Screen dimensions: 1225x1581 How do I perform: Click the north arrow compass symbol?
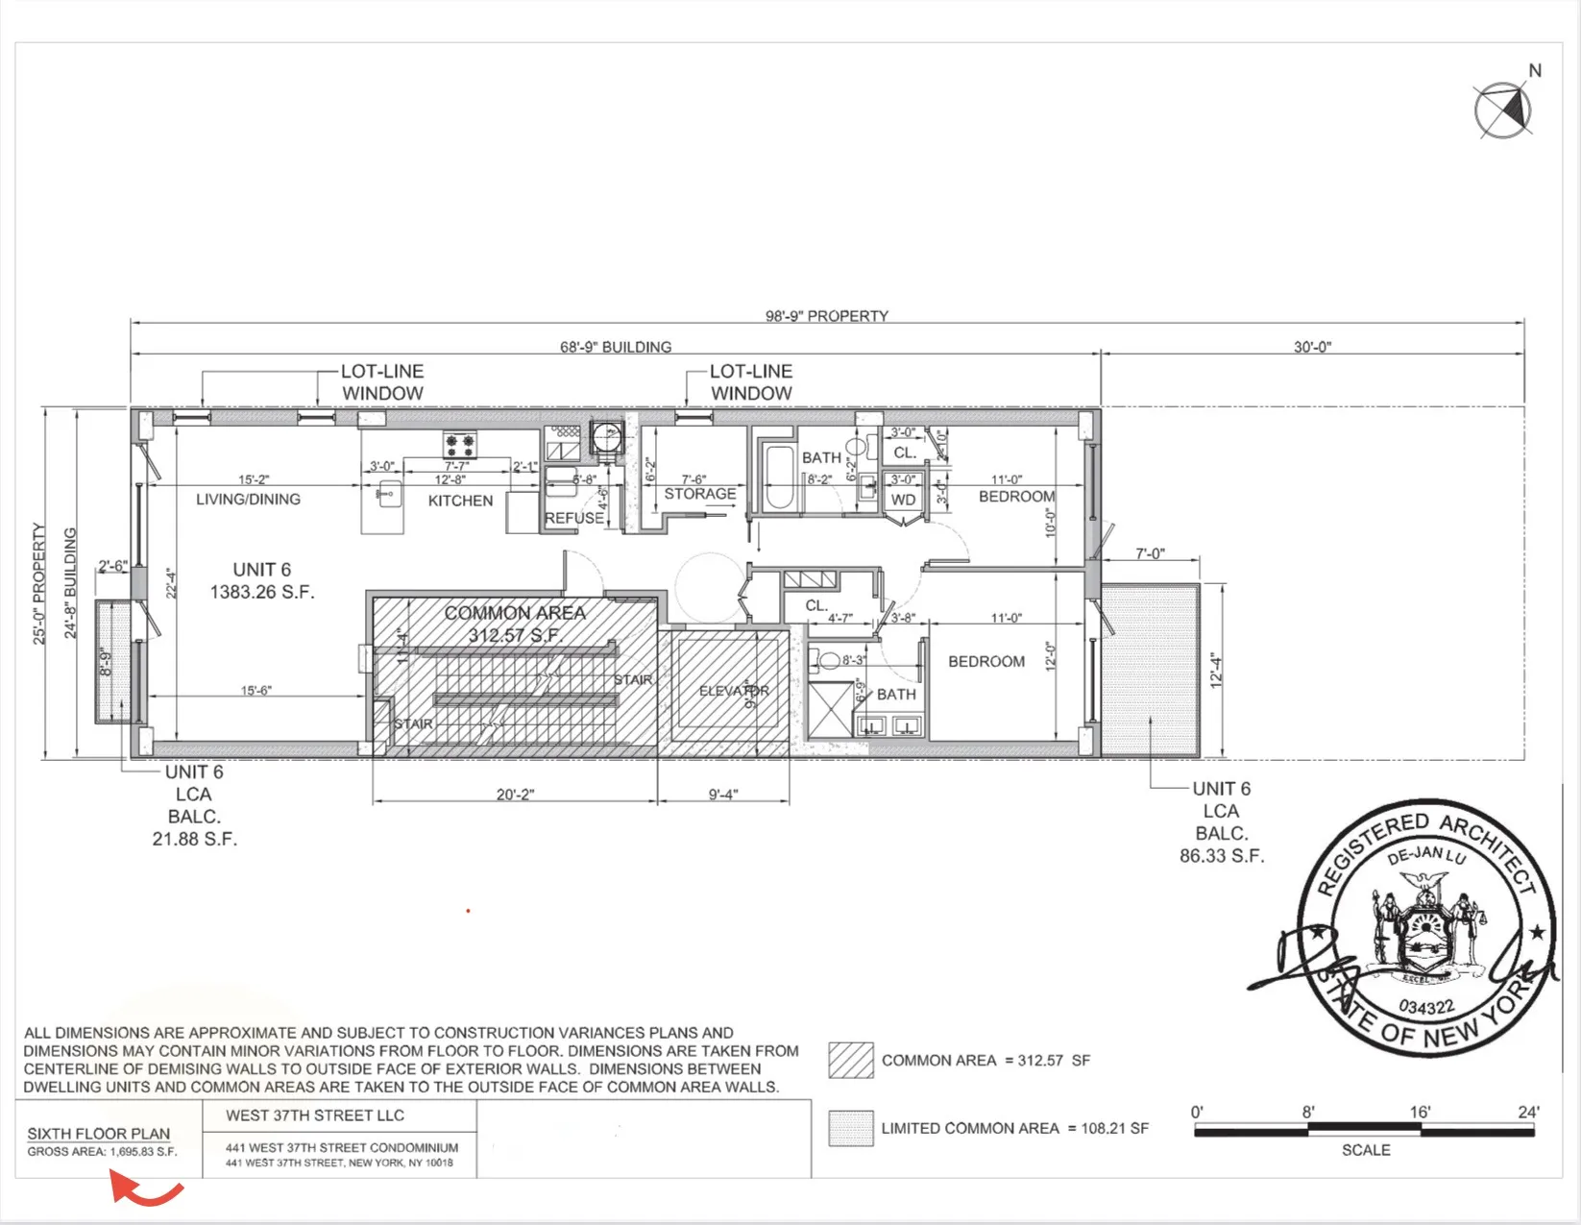[1503, 110]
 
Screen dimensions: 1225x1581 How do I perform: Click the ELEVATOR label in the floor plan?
[734, 691]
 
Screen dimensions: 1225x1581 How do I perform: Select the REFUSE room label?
[574, 518]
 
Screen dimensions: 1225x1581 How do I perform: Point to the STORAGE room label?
[700, 494]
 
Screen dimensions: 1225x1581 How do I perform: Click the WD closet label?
[903, 500]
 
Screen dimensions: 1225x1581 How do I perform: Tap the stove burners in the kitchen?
[459, 445]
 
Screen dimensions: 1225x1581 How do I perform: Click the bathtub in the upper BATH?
[777, 477]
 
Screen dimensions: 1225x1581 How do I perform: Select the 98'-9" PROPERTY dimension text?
[826, 316]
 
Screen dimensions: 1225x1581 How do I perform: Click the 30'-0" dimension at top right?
[1312, 347]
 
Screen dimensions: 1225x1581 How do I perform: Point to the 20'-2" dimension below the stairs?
[515, 795]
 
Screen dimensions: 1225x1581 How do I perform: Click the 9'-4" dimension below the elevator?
[722, 795]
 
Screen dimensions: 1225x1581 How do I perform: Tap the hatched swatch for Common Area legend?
[851, 1060]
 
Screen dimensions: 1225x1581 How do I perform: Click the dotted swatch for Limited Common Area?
[851, 1128]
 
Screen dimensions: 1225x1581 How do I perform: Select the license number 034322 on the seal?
[1426, 1007]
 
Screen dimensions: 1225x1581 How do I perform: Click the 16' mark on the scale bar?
[1420, 1113]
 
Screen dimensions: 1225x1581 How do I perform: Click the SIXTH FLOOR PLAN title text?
[98, 1134]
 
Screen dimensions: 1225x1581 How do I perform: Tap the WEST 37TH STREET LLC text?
[315, 1115]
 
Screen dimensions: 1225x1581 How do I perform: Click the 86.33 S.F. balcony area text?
[1222, 856]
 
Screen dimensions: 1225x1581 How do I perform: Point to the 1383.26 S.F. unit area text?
[262, 592]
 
